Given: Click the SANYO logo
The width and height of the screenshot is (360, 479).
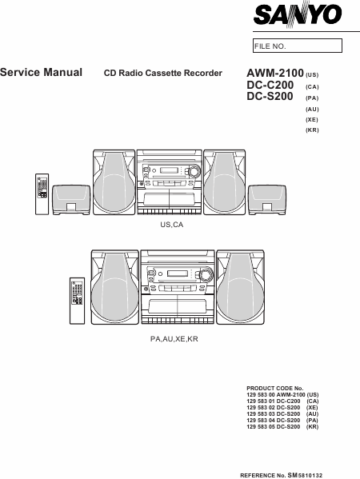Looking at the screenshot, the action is pos(297,14).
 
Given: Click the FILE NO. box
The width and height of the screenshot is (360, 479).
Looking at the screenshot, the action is pos(298,46).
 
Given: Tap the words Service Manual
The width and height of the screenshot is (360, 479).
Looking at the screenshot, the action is pos(42,73).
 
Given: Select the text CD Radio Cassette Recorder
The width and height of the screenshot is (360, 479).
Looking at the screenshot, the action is pos(163,74).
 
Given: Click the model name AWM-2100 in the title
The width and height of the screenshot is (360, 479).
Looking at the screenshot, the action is pos(275,74).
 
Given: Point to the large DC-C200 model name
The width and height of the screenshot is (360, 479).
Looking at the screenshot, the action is pos(270,85).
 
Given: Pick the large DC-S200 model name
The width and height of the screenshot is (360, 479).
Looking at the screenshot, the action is pos(270,96).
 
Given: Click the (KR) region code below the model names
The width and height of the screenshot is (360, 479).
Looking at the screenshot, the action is pos(312,130).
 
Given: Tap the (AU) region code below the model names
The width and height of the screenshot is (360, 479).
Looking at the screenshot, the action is pos(312,109).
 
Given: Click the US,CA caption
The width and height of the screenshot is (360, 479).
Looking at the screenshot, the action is pos(172,225).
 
